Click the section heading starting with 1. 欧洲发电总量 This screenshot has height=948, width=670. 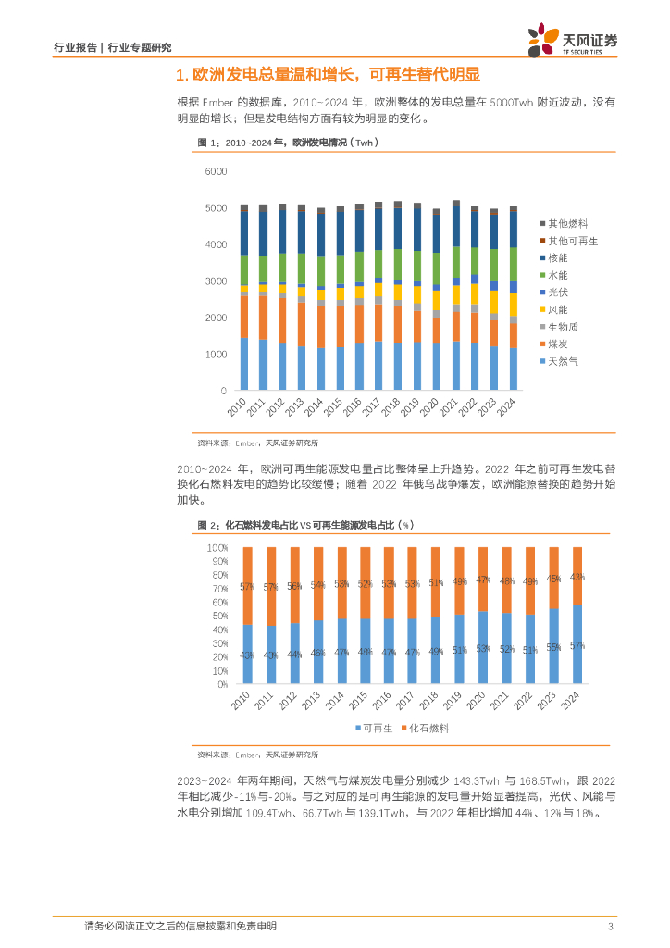pos(328,74)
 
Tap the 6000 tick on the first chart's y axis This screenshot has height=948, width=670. pos(216,172)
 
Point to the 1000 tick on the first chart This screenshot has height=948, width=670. pos(216,355)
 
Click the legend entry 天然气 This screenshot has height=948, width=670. pos(564,361)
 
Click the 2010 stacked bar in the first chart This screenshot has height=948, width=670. pos(244,296)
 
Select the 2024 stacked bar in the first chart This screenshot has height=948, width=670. pos(512,296)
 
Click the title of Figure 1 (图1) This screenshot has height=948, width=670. pos(289,143)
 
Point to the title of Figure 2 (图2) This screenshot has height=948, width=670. pos(305,525)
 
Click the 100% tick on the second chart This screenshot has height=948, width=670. pos(217,547)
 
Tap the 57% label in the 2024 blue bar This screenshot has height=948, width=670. pos(577,645)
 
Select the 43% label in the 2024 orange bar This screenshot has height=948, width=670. pos(577,577)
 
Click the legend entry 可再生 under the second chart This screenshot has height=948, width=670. pos(372,730)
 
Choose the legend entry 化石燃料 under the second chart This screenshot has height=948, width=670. pos(425,730)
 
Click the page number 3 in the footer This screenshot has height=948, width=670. pos(611,927)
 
